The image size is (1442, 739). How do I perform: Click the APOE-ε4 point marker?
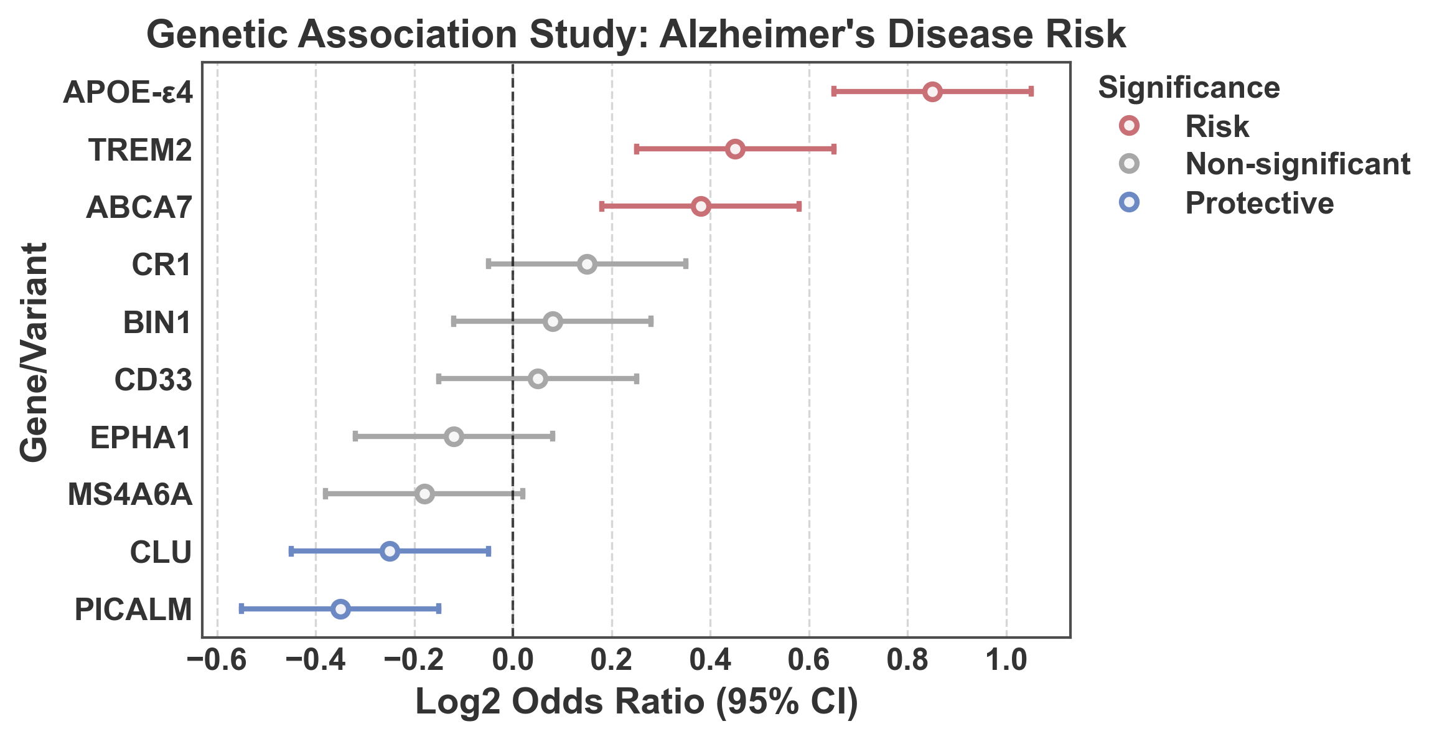coord(932,92)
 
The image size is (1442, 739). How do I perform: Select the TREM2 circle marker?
coord(735,149)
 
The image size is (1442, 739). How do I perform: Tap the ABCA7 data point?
coord(701,207)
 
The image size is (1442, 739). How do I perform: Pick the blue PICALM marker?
coord(340,609)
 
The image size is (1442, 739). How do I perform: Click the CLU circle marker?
coord(390,551)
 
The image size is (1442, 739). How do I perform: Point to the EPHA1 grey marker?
coord(454,436)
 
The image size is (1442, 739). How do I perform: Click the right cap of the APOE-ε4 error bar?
coord(1031,92)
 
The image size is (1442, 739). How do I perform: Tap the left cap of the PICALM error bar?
coord(241,609)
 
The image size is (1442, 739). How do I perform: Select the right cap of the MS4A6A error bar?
coord(523,494)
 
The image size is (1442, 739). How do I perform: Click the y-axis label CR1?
coord(161,265)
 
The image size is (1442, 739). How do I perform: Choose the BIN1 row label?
coord(157,322)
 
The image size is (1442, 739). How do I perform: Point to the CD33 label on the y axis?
coord(153,380)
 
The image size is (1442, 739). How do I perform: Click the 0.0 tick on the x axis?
coord(513,660)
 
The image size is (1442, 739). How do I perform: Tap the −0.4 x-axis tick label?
coord(316,660)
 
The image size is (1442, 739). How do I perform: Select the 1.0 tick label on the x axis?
coord(1006,660)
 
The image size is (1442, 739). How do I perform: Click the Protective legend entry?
coord(1258,204)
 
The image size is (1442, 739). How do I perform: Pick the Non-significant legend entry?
coord(1297,164)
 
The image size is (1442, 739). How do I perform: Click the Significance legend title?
coord(1189,88)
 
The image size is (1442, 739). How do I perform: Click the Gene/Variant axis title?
coord(34,352)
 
